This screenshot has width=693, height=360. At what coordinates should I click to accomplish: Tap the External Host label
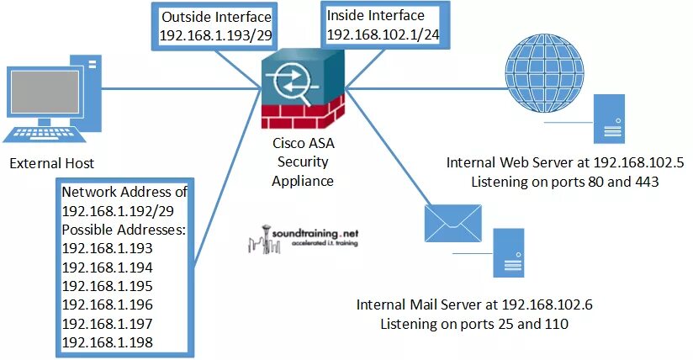(x=51, y=163)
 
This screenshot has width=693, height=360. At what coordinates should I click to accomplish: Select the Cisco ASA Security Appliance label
(x=302, y=161)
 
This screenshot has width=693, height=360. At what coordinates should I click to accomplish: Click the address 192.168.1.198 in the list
(x=107, y=341)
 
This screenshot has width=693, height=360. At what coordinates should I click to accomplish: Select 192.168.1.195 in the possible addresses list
(x=107, y=285)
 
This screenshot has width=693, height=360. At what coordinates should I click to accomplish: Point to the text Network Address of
(x=124, y=192)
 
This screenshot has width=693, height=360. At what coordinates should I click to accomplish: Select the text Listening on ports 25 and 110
(x=475, y=323)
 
